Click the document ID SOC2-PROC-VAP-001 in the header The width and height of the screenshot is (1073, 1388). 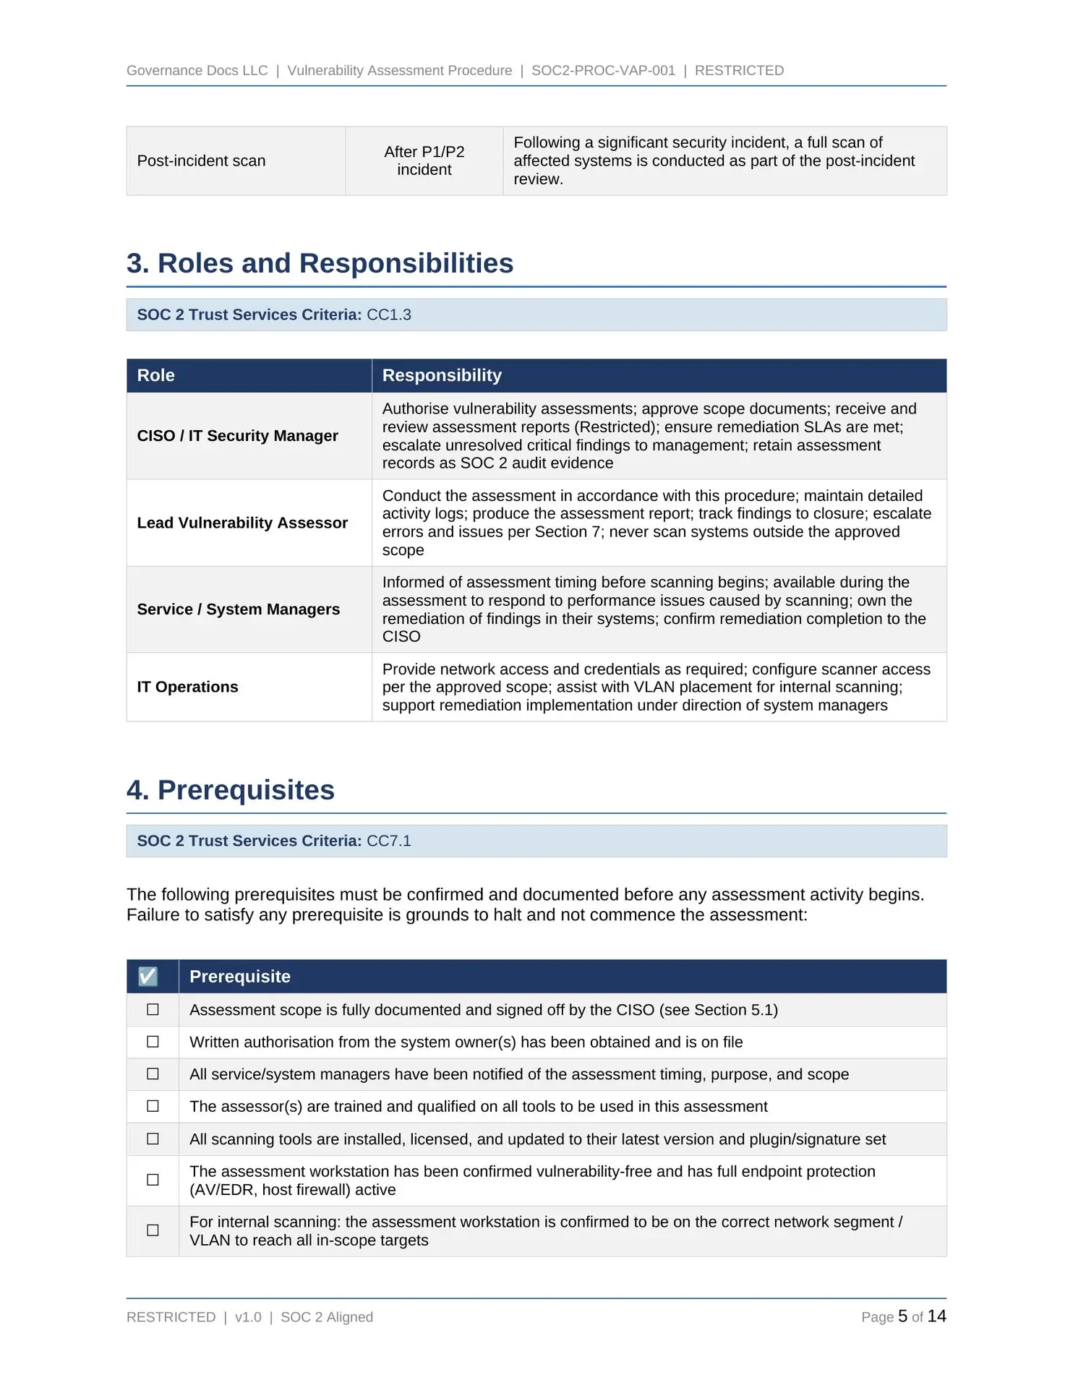603,71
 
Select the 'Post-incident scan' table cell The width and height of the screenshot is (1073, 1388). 201,161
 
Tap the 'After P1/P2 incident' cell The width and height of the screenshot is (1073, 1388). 424,161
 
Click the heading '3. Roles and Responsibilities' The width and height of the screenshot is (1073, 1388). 320,264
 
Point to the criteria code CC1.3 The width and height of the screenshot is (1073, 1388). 389,315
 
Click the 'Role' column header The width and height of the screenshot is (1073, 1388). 156,376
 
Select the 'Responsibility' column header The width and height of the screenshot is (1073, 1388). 442,376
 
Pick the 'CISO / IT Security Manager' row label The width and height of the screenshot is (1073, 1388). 237,436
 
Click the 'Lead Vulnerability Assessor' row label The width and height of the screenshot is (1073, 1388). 242,523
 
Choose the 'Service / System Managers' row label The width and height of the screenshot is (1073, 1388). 238,609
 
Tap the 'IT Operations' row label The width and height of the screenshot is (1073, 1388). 187,687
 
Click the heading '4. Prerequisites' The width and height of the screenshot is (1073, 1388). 230,790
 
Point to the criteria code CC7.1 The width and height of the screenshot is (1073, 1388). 389,841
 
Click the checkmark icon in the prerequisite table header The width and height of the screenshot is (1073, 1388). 148,977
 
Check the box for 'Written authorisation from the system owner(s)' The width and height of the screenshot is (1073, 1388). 153,1042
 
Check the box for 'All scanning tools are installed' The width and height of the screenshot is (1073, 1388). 153,1139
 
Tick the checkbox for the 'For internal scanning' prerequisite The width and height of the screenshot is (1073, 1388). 153,1230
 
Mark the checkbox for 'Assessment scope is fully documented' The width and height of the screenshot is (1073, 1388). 153,1009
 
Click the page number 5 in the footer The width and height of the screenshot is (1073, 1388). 902,1316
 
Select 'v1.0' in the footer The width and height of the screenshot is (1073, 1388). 248,1317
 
